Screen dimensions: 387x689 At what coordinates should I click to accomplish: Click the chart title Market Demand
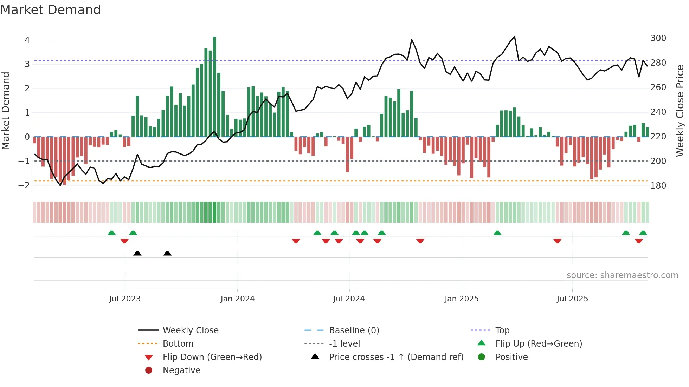point(51,10)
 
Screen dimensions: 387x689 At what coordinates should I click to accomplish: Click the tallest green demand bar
point(214,86)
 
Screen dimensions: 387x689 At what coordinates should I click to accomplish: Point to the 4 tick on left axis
point(27,40)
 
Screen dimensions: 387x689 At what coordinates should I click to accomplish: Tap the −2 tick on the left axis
point(24,185)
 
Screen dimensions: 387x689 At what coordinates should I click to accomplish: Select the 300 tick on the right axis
point(658,38)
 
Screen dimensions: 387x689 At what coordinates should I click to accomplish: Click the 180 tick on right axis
point(658,186)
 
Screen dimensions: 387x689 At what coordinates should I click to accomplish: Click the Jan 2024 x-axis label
point(237,299)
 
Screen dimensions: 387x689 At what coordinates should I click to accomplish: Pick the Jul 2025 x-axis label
point(572,299)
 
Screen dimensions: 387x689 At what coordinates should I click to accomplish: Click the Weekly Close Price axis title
point(680,111)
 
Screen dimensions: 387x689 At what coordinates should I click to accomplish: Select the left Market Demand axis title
point(6,111)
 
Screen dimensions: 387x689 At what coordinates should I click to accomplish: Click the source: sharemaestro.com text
point(622,275)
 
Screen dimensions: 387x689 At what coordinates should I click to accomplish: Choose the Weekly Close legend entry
point(190,330)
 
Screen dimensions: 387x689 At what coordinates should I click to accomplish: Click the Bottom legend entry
point(178,344)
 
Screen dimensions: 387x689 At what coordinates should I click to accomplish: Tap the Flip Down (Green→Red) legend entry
point(212,357)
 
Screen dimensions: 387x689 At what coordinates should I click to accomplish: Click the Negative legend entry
point(181,370)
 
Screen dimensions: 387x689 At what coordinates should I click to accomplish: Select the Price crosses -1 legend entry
point(396,357)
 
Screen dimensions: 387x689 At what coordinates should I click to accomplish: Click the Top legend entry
point(502,330)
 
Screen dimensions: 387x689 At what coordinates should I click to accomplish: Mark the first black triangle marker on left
point(137,253)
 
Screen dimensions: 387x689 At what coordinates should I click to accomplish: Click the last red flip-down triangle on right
point(639,241)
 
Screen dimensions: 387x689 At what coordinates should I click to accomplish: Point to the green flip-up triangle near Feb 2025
point(497,233)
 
